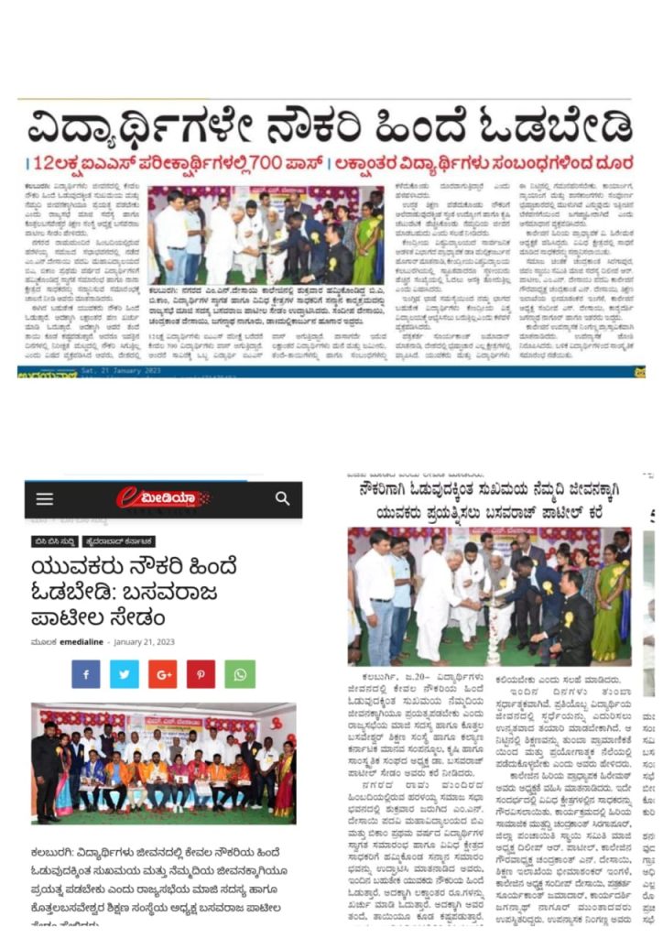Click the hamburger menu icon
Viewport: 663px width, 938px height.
(45, 499)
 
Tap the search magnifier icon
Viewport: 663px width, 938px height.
(282, 498)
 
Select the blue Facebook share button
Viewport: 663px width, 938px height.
(85, 674)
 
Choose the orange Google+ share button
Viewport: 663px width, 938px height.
(162, 674)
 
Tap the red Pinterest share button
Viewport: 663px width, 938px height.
(201, 674)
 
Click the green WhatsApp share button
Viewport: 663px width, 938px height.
(240, 674)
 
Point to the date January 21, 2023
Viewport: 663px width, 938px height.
(144, 641)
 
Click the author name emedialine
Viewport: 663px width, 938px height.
(82, 641)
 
